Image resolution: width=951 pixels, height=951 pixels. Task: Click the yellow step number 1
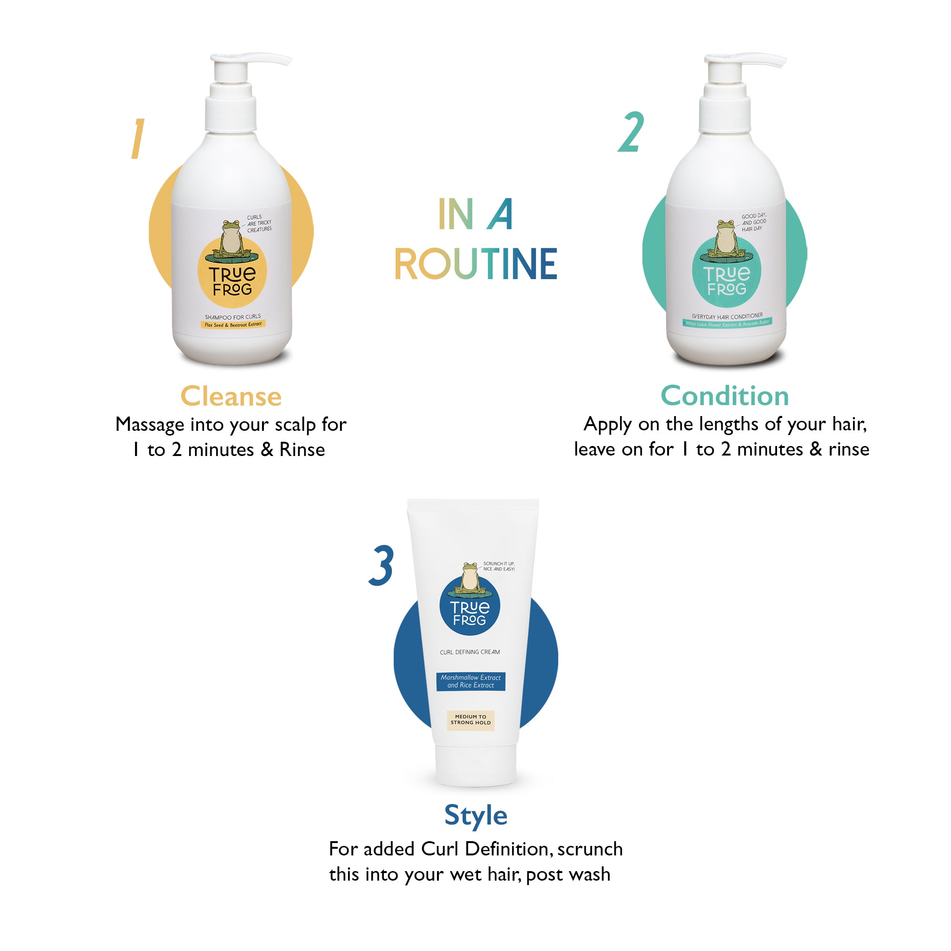pos(137,139)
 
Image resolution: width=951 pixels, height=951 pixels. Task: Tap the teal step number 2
pos(631,132)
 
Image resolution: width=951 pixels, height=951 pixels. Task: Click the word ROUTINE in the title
pos(475,264)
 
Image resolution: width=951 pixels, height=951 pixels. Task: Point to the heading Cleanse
pos(231,396)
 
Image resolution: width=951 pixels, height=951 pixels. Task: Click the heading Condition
pos(725,396)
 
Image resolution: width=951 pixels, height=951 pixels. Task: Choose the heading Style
pos(475,815)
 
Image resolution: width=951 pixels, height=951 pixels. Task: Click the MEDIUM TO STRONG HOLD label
pos(471,719)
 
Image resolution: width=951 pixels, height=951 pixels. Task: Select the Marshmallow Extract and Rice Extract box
pos(471,681)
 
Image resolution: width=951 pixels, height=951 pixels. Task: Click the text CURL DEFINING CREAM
pos(470,652)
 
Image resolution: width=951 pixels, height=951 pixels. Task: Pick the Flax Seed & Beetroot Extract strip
pos(233,324)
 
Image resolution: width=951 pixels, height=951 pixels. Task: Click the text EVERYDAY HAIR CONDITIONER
pos(727,316)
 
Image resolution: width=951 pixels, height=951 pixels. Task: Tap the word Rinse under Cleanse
pos(302,450)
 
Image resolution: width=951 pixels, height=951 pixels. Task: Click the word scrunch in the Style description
pos(590,849)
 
